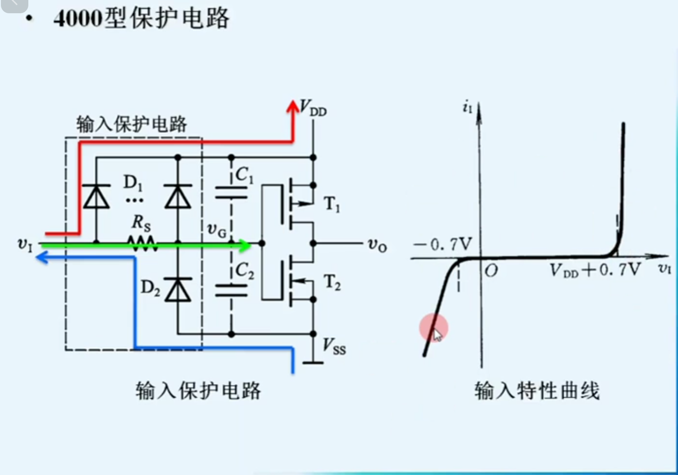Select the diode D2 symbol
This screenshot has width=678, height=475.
coord(178,290)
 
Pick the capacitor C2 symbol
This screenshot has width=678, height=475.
coord(231,290)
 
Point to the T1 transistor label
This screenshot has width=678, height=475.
coord(332,204)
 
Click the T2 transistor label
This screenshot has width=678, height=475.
coord(332,283)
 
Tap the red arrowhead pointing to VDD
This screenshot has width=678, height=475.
coord(292,107)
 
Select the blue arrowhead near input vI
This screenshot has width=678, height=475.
coord(42,258)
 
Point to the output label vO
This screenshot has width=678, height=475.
coord(377,245)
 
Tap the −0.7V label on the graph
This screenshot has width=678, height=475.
coord(442,244)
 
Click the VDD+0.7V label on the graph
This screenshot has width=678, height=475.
coord(595,270)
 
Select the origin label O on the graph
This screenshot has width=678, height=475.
coord(491,271)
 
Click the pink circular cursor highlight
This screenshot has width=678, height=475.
coord(434,327)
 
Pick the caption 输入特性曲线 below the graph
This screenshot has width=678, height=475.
coord(537,391)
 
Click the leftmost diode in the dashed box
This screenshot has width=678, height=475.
coord(96,197)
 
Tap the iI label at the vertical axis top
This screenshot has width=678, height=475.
coord(467,108)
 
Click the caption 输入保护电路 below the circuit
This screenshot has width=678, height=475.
coord(198,391)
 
